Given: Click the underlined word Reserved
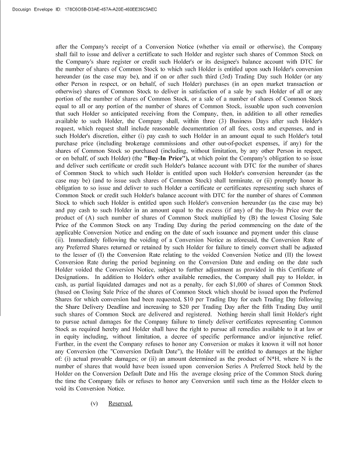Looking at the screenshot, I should coord(120,403).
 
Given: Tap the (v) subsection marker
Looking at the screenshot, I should coord(94,403).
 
